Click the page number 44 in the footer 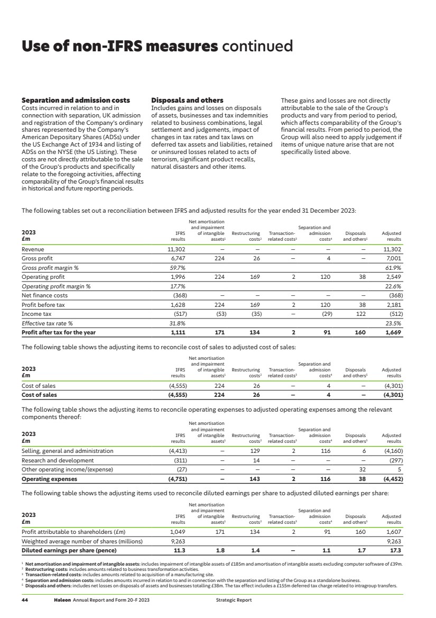pyautogui.click(x=24, y=600)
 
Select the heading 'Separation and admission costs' pyautogui.click(x=75, y=100)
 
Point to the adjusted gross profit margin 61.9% pyautogui.click(x=393, y=268)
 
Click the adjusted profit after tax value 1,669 pyautogui.click(x=393, y=332)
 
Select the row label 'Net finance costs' pyautogui.click(x=44, y=295)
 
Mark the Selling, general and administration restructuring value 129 pyautogui.click(x=254, y=451)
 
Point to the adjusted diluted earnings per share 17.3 pyautogui.click(x=395, y=550)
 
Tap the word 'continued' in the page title pyautogui.click(x=257, y=47)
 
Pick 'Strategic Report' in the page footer pyautogui.click(x=234, y=600)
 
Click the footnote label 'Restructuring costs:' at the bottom pyautogui.click(x=44, y=569)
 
